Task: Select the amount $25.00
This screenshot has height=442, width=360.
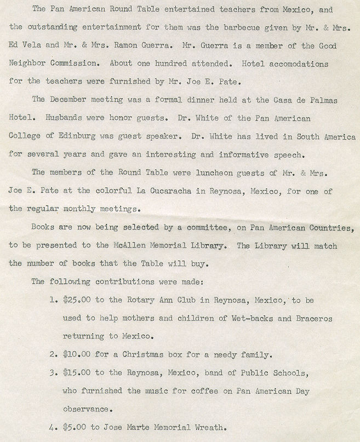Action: (x=76, y=300)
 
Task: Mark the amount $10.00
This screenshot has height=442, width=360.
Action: (x=76, y=354)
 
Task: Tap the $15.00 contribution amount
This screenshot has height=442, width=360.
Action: (x=76, y=373)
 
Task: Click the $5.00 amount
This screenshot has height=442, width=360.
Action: (x=74, y=427)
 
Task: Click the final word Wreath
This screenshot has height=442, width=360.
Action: (x=208, y=427)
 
